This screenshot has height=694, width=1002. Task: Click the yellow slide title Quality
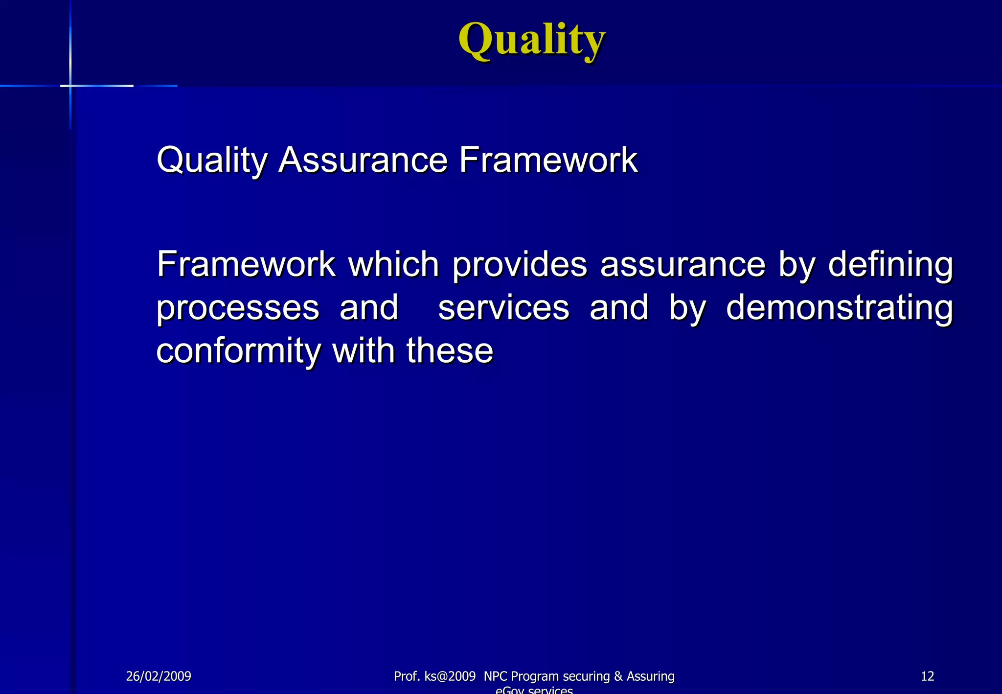pos(532,40)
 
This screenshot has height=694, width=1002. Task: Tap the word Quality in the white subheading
pos(212,161)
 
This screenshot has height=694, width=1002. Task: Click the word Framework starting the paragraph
pos(246,264)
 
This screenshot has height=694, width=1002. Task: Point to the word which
pos(393,264)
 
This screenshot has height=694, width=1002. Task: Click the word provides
pos(519,264)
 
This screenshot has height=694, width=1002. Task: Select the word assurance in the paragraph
pos(683,264)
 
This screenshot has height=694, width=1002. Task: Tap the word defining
pos(890,265)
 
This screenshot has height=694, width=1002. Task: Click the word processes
pos(238,308)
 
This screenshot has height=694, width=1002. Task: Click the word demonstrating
pos(840,308)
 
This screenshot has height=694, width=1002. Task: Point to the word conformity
pos(239,351)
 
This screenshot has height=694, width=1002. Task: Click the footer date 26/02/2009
pos(159,676)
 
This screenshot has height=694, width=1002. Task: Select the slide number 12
pos(927,676)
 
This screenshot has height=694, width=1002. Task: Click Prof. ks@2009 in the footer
pos(434,676)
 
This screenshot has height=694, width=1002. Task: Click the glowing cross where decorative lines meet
pos(70,86)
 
